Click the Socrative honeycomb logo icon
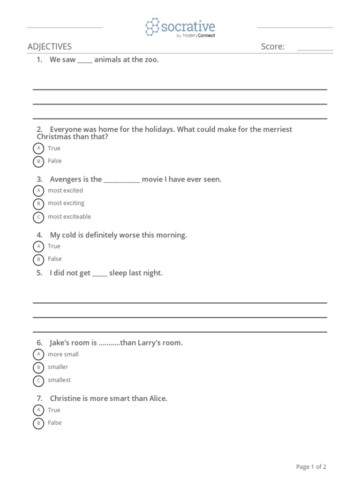pos(152,27)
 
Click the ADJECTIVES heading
pos(50,46)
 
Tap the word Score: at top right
pos(273,46)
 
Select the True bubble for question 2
pos(38,149)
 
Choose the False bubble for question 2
pos(38,161)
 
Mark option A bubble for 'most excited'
pos(38,191)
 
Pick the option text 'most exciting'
pos(66,203)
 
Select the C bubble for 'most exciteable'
pos(38,217)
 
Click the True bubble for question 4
pos(38,247)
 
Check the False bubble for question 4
pos(38,259)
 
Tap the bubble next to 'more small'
pos(38,355)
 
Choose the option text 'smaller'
pos(58,367)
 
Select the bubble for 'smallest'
pos(38,381)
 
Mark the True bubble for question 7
pos(38,410)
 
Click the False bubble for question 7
pos(38,423)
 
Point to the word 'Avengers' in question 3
pos(64,179)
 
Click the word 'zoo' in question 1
pos(151,60)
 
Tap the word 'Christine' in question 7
pos(66,398)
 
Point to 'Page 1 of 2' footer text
pos(311,467)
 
